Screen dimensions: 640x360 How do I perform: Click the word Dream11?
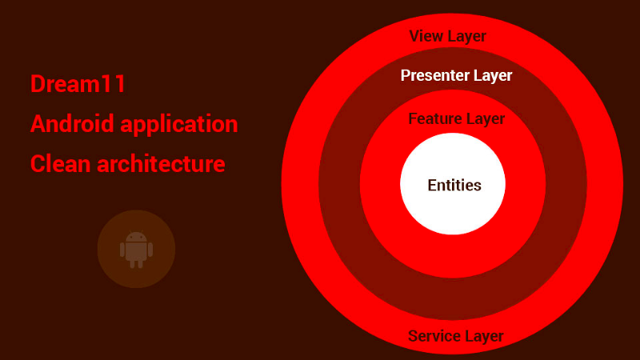tap(78, 84)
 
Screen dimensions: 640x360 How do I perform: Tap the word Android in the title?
tap(72, 124)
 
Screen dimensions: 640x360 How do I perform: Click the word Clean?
tap(61, 164)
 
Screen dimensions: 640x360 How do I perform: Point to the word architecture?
tap(162, 164)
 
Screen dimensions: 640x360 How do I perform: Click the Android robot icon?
tap(136, 250)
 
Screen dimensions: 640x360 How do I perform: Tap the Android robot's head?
tap(136, 237)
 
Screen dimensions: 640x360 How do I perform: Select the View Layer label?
tap(448, 36)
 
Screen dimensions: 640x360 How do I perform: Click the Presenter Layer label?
tap(456, 75)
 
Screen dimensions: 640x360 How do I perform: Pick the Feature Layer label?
tap(457, 118)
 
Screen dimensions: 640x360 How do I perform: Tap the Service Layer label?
tap(456, 336)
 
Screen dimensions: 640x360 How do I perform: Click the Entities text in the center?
tap(454, 186)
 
